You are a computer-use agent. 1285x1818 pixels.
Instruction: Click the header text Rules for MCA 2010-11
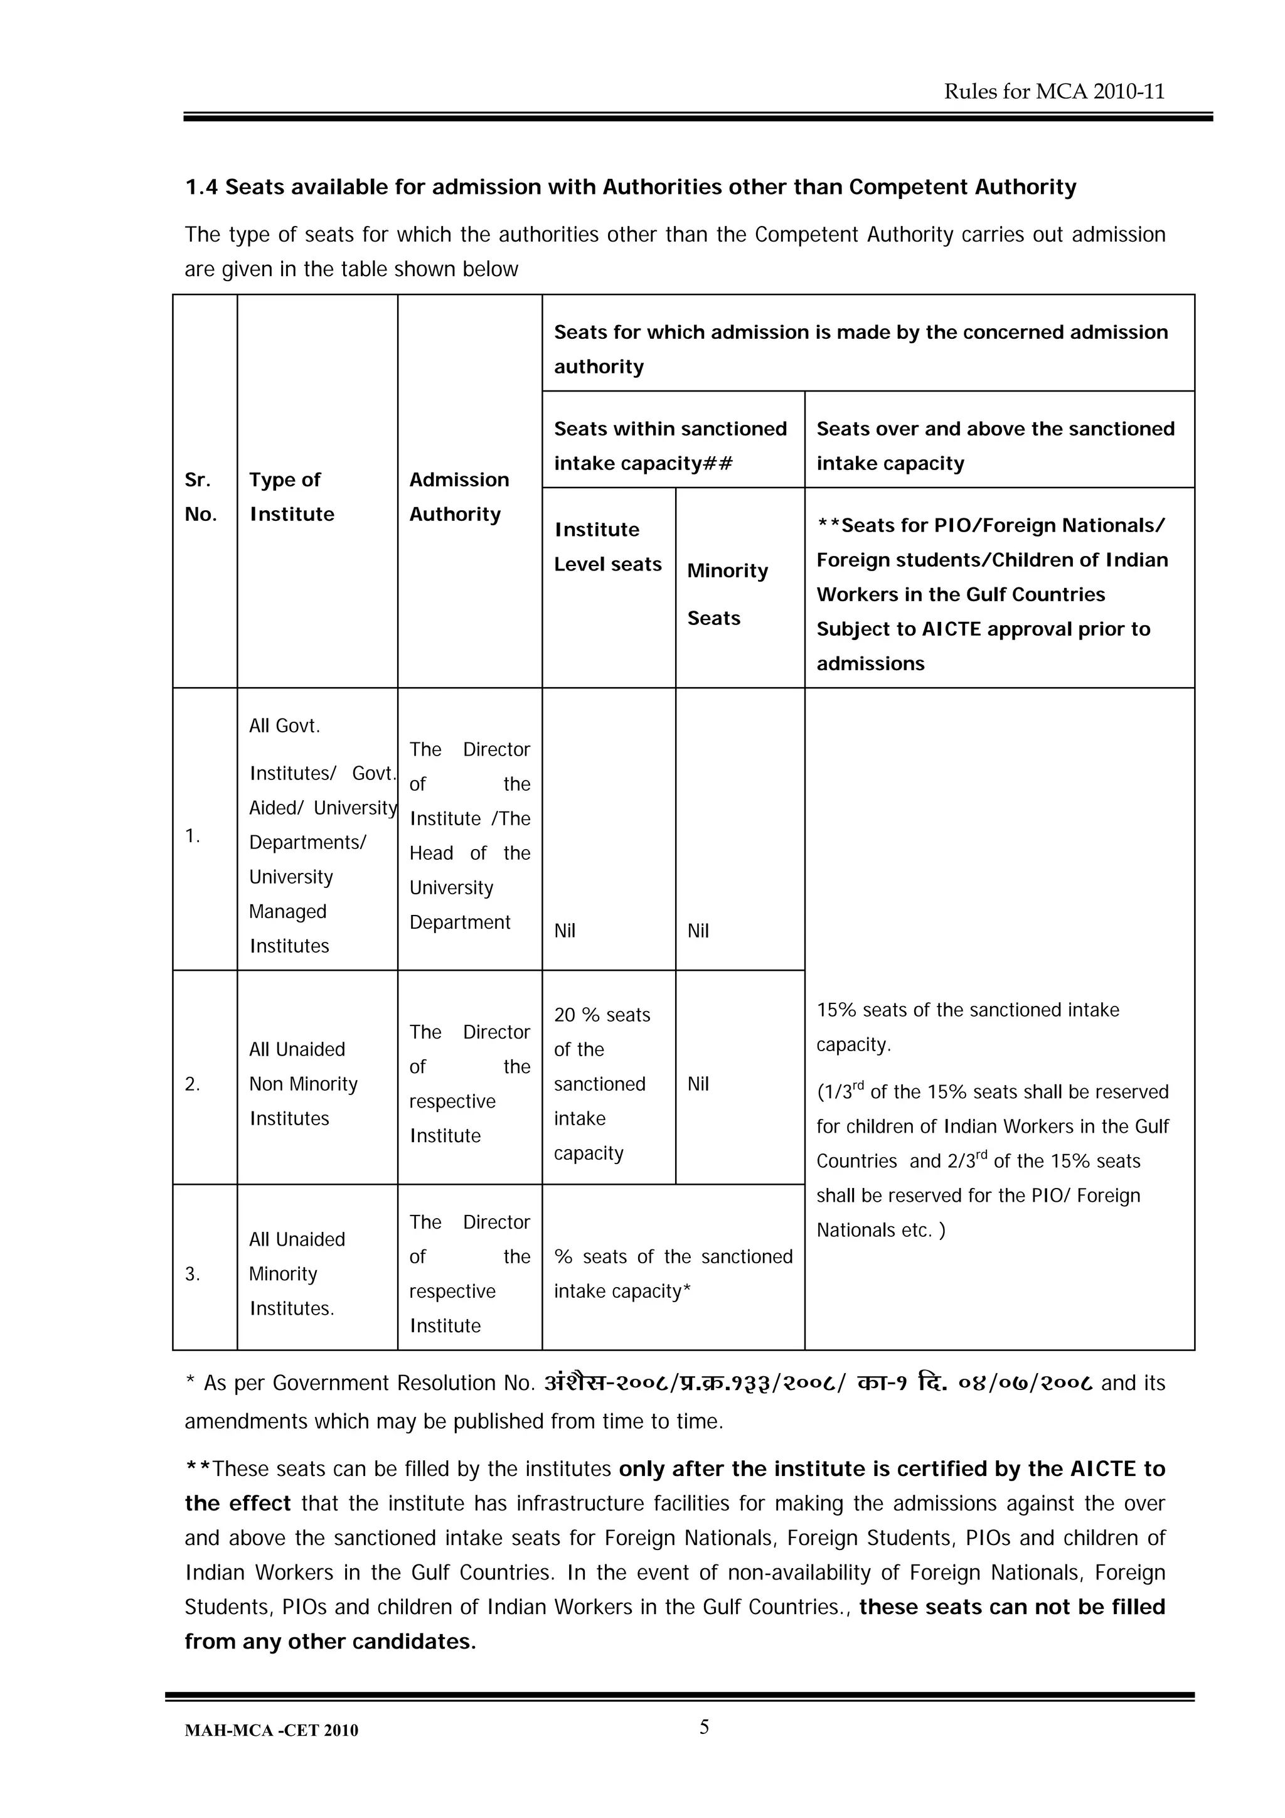click(1054, 92)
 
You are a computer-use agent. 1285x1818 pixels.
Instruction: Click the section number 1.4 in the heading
click(201, 187)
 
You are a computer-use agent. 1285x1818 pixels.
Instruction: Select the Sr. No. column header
click(200, 496)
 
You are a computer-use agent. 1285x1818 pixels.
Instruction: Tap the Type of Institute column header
click(291, 496)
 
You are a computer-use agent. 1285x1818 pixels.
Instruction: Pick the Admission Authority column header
click(459, 496)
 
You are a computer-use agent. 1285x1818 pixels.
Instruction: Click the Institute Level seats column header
click(607, 547)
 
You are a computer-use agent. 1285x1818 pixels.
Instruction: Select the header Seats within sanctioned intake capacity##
click(670, 445)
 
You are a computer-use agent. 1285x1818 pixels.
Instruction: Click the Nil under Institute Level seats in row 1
click(565, 931)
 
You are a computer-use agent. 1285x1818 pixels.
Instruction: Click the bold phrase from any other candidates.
click(330, 1642)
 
